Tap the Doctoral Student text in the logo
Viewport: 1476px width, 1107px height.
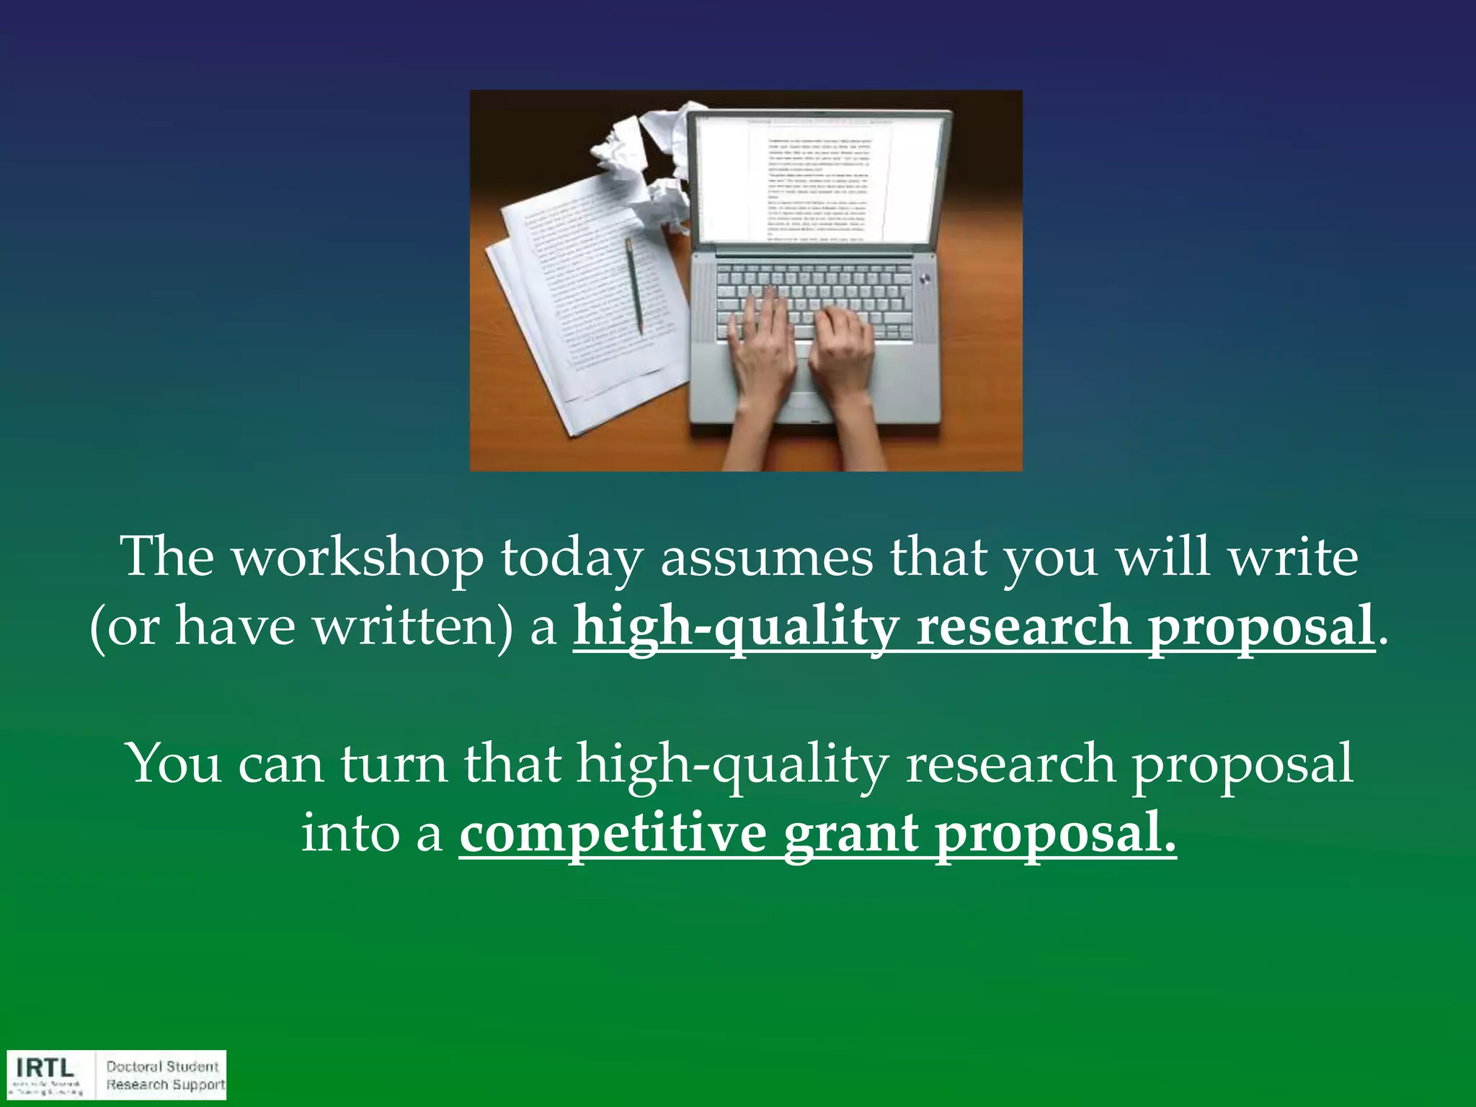pyautogui.click(x=162, y=1066)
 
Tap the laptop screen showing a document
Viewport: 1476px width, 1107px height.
pyautogui.click(x=818, y=180)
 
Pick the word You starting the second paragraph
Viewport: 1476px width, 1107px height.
pyautogui.click(x=173, y=764)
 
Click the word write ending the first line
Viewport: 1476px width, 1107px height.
pyautogui.click(x=1294, y=559)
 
